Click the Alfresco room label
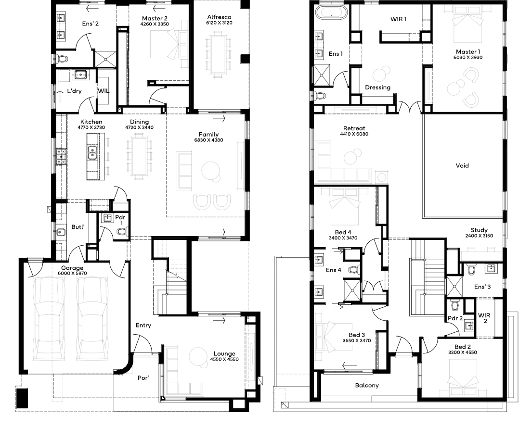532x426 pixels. point(219,17)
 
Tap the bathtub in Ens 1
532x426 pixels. point(331,12)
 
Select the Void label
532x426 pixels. point(462,165)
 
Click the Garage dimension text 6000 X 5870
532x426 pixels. point(72,273)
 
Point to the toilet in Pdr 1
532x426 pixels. point(122,232)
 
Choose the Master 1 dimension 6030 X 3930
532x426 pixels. point(468,57)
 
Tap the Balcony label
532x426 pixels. point(367,385)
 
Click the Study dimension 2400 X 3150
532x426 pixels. point(479,236)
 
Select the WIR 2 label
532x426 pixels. point(484,318)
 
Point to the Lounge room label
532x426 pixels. point(224,353)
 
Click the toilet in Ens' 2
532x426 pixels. point(62,59)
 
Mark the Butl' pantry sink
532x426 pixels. point(61,232)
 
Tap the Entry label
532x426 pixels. point(143,325)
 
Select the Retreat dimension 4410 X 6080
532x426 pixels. point(354,134)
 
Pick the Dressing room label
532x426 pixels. point(377,88)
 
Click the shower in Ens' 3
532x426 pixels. point(454,287)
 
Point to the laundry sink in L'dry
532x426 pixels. point(80,75)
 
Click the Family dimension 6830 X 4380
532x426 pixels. point(208,140)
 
